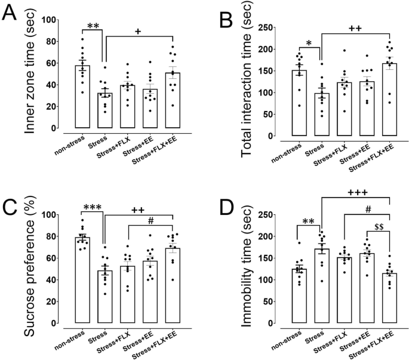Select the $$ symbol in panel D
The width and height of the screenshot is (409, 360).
(379, 226)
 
